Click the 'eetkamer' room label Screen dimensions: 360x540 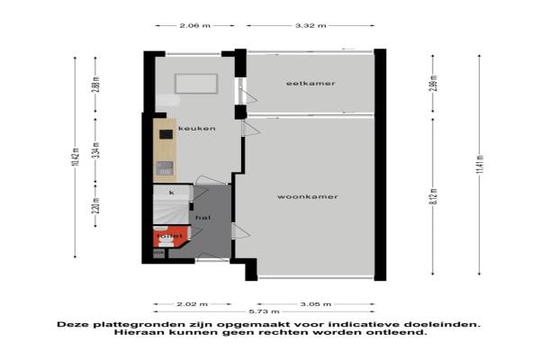(310, 83)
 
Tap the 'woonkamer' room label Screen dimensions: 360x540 (308, 196)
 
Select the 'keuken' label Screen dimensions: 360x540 (196, 129)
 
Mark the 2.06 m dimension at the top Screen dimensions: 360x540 (193, 26)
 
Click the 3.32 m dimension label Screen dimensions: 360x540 (310, 26)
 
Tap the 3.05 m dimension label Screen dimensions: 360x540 (314, 302)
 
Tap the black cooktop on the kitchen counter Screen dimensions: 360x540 (166, 135)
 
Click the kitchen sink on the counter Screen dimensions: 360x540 (165, 167)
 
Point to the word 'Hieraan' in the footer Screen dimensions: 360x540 (135, 332)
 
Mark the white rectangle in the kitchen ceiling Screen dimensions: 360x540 (195, 83)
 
